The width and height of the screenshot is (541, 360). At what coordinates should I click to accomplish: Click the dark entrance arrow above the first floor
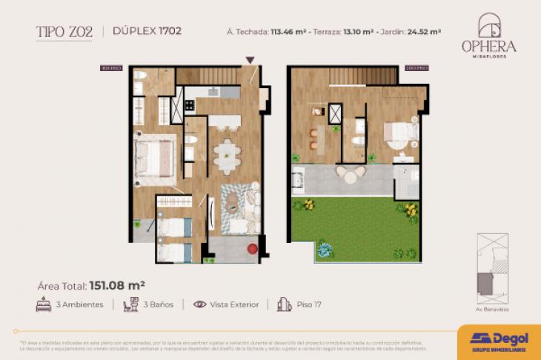(250, 60)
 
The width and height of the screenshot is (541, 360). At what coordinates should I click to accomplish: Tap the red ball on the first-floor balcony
(253, 249)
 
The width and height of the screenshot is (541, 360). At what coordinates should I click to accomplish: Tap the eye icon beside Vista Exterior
(199, 304)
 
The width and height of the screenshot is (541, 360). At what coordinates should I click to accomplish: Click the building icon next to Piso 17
(282, 304)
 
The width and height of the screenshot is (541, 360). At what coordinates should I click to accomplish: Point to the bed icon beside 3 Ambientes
(43, 304)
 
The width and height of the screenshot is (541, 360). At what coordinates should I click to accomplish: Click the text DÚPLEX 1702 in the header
(147, 31)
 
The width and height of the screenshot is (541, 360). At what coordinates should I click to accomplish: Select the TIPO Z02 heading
(64, 31)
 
